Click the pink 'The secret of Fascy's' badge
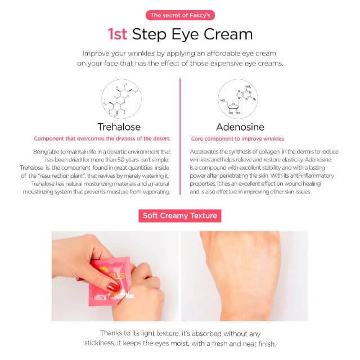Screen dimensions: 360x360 tap(180, 15)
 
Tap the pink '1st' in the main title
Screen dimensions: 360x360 tap(118, 34)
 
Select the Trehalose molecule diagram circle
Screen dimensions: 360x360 tap(121, 99)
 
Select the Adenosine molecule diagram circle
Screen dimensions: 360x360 tap(238, 99)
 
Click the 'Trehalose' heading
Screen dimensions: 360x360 tap(119, 127)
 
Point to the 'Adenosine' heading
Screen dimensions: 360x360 tap(240, 127)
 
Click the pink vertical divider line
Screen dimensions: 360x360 tap(180, 137)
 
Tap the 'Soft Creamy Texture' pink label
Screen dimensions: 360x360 tap(180, 215)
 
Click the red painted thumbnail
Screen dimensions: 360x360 tap(113, 287)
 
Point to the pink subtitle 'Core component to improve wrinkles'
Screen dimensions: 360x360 tap(237, 139)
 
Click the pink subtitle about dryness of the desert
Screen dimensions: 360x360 tap(102, 139)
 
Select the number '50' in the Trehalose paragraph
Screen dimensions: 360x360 tap(121, 160)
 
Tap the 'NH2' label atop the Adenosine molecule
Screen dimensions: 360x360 tap(248, 87)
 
